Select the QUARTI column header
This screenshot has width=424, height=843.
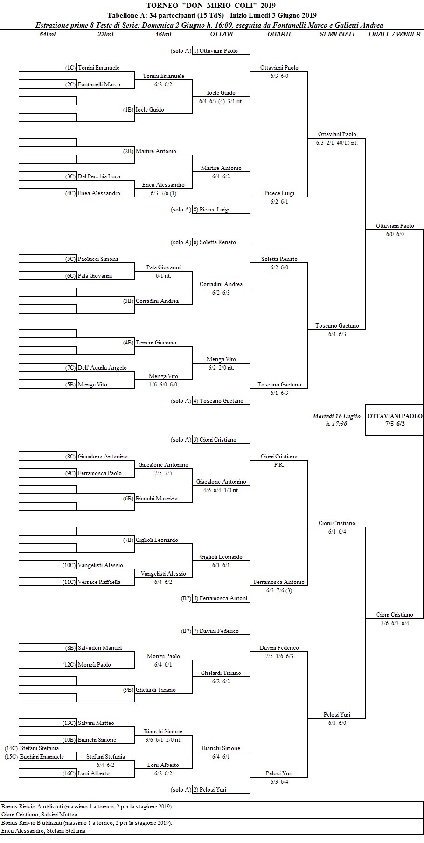point(279,34)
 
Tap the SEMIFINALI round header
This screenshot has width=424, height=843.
point(337,34)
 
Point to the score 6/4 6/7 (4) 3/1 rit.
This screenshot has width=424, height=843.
point(221,101)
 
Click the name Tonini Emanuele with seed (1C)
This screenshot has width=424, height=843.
point(98,68)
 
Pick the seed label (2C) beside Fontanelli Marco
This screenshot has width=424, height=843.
point(70,84)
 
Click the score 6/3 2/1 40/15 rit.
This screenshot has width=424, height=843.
point(337,143)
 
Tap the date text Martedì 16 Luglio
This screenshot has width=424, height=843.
point(336,416)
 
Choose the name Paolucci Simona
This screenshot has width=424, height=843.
point(98,259)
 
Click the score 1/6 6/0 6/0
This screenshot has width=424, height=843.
point(163,385)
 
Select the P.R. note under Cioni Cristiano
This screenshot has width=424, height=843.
point(279,465)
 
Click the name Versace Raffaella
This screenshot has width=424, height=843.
point(99,582)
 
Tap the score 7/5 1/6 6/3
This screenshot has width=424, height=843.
point(279,656)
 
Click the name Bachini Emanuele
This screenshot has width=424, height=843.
point(42,757)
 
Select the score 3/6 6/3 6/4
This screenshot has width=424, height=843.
point(395,623)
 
